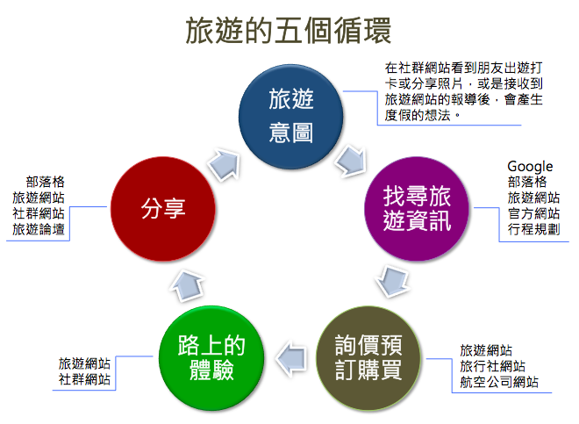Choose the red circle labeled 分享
click(165, 209)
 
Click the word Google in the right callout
click(530, 166)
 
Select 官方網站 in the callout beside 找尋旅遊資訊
click(533, 213)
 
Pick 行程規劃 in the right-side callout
click(533, 229)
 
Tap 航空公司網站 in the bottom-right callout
click(499, 382)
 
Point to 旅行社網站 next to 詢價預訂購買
click(492, 366)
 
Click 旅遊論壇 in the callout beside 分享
click(39, 229)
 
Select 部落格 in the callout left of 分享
click(45, 182)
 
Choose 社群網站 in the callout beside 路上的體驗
click(84, 379)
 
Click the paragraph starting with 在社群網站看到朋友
click(463, 90)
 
